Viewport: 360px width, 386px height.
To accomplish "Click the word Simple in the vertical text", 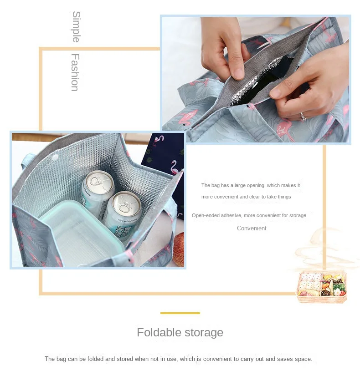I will click(x=76, y=27).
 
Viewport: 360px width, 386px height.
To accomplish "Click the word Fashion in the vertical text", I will click(x=75, y=72).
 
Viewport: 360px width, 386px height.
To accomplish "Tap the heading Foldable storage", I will click(x=180, y=332).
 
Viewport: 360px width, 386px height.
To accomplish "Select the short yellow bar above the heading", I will click(x=180, y=313).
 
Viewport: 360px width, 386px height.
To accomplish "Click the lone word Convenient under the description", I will click(x=252, y=229).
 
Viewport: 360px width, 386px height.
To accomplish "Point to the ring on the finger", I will click(x=303, y=117).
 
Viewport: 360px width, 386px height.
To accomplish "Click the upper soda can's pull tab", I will click(x=97, y=180).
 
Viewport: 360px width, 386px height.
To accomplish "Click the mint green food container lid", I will click(x=82, y=228).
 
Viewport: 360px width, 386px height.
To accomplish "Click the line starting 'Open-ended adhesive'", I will click(x=249, y=215).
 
